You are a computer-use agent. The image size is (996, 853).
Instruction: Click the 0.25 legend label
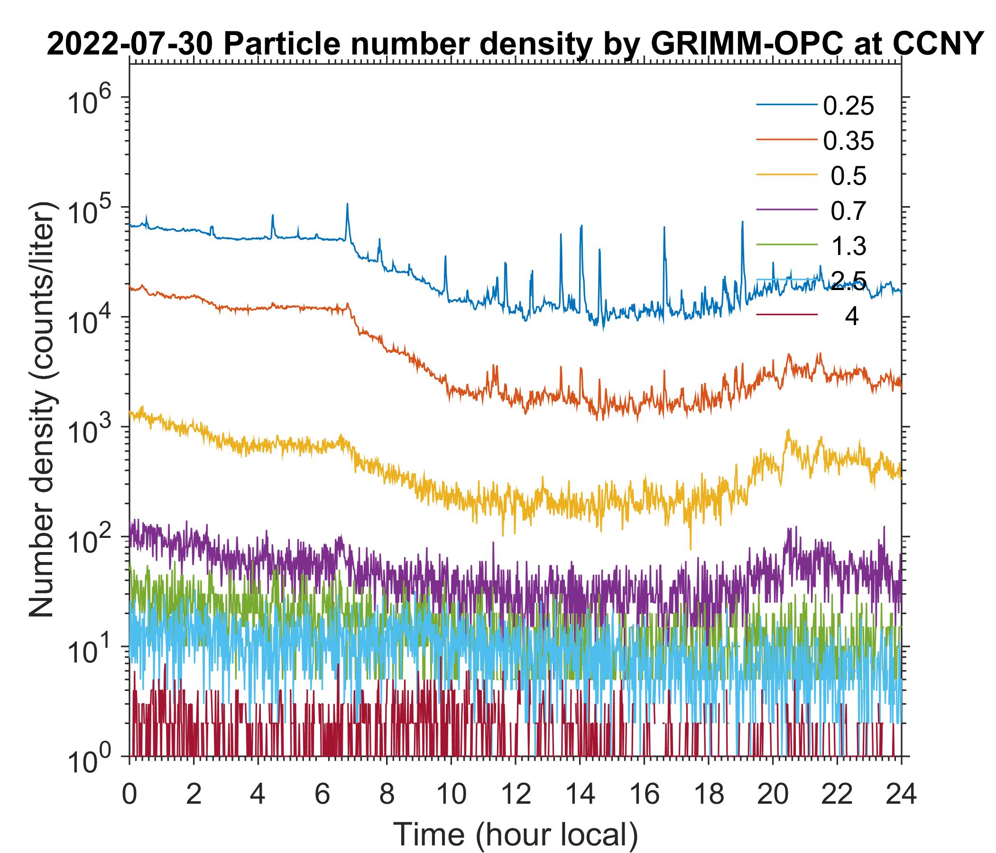click(x=848, y=106)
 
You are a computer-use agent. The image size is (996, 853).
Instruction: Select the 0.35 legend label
click(x=848, y=141)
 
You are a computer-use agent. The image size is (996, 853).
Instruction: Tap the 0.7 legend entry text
click(x=848, y=211)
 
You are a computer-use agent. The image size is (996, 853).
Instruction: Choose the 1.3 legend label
click(x=848, y=246)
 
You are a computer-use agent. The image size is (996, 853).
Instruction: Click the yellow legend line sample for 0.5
click(x=787, y=175)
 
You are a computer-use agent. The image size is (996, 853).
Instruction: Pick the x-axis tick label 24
click(x=901, y=795)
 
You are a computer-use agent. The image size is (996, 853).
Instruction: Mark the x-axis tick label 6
click(x=322, y=795)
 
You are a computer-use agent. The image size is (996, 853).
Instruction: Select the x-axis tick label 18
click(x=708, y=795)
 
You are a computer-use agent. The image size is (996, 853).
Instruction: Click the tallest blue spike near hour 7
click(x=347, y=204)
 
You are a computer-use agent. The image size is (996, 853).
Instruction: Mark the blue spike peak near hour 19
click(x=742, y=222)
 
